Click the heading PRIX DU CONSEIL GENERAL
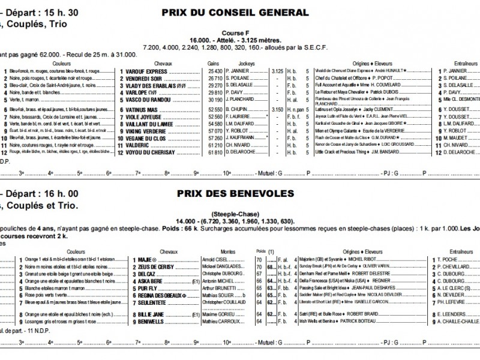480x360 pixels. click(235, 13)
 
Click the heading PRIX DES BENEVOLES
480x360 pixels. click(235, 194)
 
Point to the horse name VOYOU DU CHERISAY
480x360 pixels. click(151, 152)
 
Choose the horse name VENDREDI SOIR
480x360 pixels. click(144, 78)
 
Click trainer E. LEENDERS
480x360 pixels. click(447, 314)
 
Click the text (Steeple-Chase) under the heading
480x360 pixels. click(235, 214)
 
